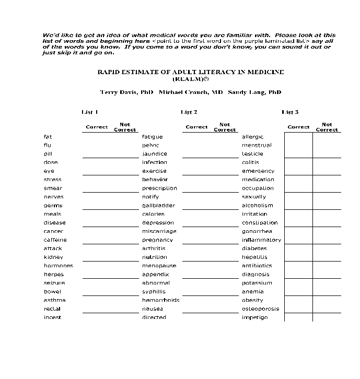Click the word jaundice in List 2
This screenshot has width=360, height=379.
(154, 154)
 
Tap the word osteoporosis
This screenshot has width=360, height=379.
(260, 309)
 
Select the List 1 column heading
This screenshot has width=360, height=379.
(90, 112)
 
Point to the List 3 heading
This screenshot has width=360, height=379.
(290, 112)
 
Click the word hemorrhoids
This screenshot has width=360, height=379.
(160, 300)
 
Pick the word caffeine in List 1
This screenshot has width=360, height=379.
(55, 240)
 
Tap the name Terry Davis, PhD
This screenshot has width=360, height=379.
(126, 92)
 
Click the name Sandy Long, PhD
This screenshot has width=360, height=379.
(254, 92)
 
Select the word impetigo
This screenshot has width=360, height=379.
(254, 317)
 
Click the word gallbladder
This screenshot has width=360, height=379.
(158, 206)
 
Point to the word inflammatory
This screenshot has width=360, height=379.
(261, 240)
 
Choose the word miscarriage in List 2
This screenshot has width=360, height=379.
(159, 231)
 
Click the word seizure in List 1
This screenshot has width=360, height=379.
(54, 283)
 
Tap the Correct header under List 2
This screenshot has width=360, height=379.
(196, 127)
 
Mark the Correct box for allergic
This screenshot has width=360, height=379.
(298, 137)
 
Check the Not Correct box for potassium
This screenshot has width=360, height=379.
(327, 283)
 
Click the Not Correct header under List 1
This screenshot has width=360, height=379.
(125, 127)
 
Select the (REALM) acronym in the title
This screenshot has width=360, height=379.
(191, 79)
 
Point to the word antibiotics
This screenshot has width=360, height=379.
(257, 266)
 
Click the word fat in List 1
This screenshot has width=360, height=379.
(48, 137)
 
